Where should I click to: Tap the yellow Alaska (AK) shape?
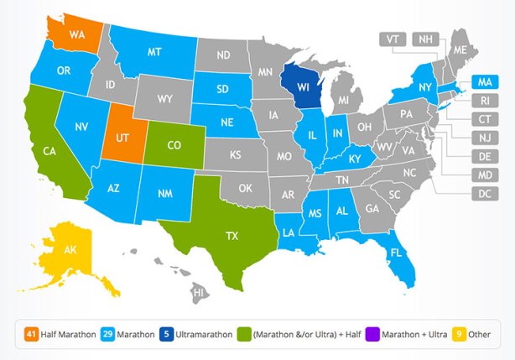pyautogui.click(x=70, y=249)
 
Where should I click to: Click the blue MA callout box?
pyautogui.click(x=482, y=81)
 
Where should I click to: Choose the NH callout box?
pyautogui.click(x=427, y=39)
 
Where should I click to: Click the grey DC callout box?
pyautogui.click(x=482, y=194)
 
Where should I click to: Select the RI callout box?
pyautogui.click(x=482, y=101)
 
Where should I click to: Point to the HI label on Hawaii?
pyautogui.click(x=199, y=293)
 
